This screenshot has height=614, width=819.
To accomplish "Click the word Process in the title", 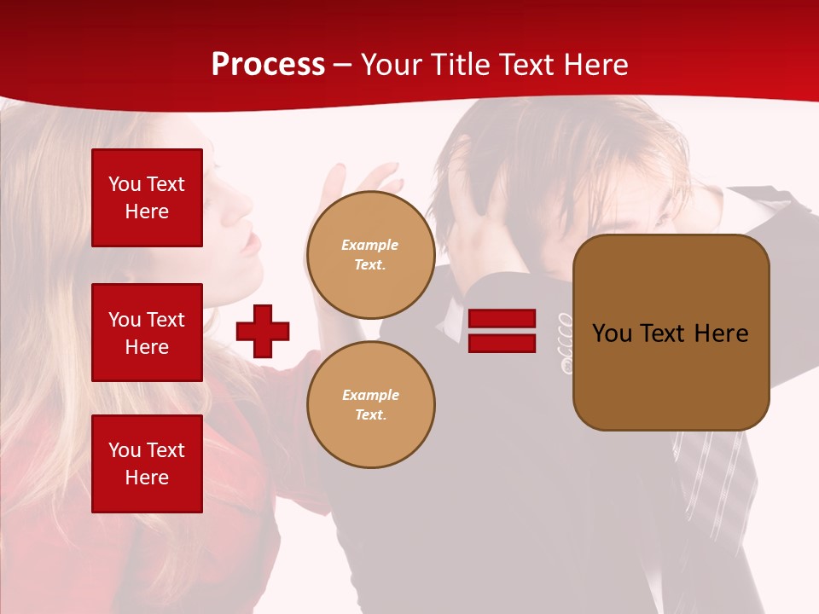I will [268, 65].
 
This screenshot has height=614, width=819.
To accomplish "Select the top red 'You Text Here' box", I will [147, 198].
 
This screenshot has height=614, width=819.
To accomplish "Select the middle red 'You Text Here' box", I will [147, 333].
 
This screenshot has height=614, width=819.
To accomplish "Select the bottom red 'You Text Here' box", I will [147, 463].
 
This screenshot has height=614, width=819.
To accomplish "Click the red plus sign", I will [263, 331].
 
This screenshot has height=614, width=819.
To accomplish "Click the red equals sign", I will [502, 331].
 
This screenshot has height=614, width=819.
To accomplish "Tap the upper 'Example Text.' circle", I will [370, 255].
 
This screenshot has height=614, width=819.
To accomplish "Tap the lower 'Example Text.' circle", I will [370, 405].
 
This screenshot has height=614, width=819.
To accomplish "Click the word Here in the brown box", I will [721, 333].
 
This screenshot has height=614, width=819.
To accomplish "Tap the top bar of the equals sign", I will [502, 319].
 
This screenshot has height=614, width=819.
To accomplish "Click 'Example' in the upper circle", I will [370, 246].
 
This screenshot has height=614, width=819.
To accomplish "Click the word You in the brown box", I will [611, 333].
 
